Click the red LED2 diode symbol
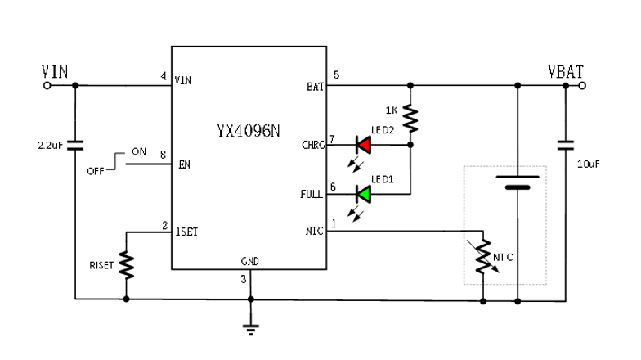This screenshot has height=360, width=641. click(x=363, y=146)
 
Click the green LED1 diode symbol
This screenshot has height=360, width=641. click(x=363, y=194)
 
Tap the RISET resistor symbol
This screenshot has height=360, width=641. click(x=126, y=263)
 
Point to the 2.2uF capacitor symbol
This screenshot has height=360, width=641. click(x=75, y=146)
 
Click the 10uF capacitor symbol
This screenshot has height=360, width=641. click(x=565, y=146)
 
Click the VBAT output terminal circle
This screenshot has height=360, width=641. click(x=582, y=84)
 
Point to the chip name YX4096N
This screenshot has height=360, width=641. click(x=249, y=130)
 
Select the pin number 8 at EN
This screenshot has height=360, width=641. click(x=164, y=153)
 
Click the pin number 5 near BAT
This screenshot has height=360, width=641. click(x=335, y=76)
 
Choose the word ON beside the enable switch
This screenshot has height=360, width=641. click(x=139, y=152)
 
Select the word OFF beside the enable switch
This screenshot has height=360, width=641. click(x=96, y=171)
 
